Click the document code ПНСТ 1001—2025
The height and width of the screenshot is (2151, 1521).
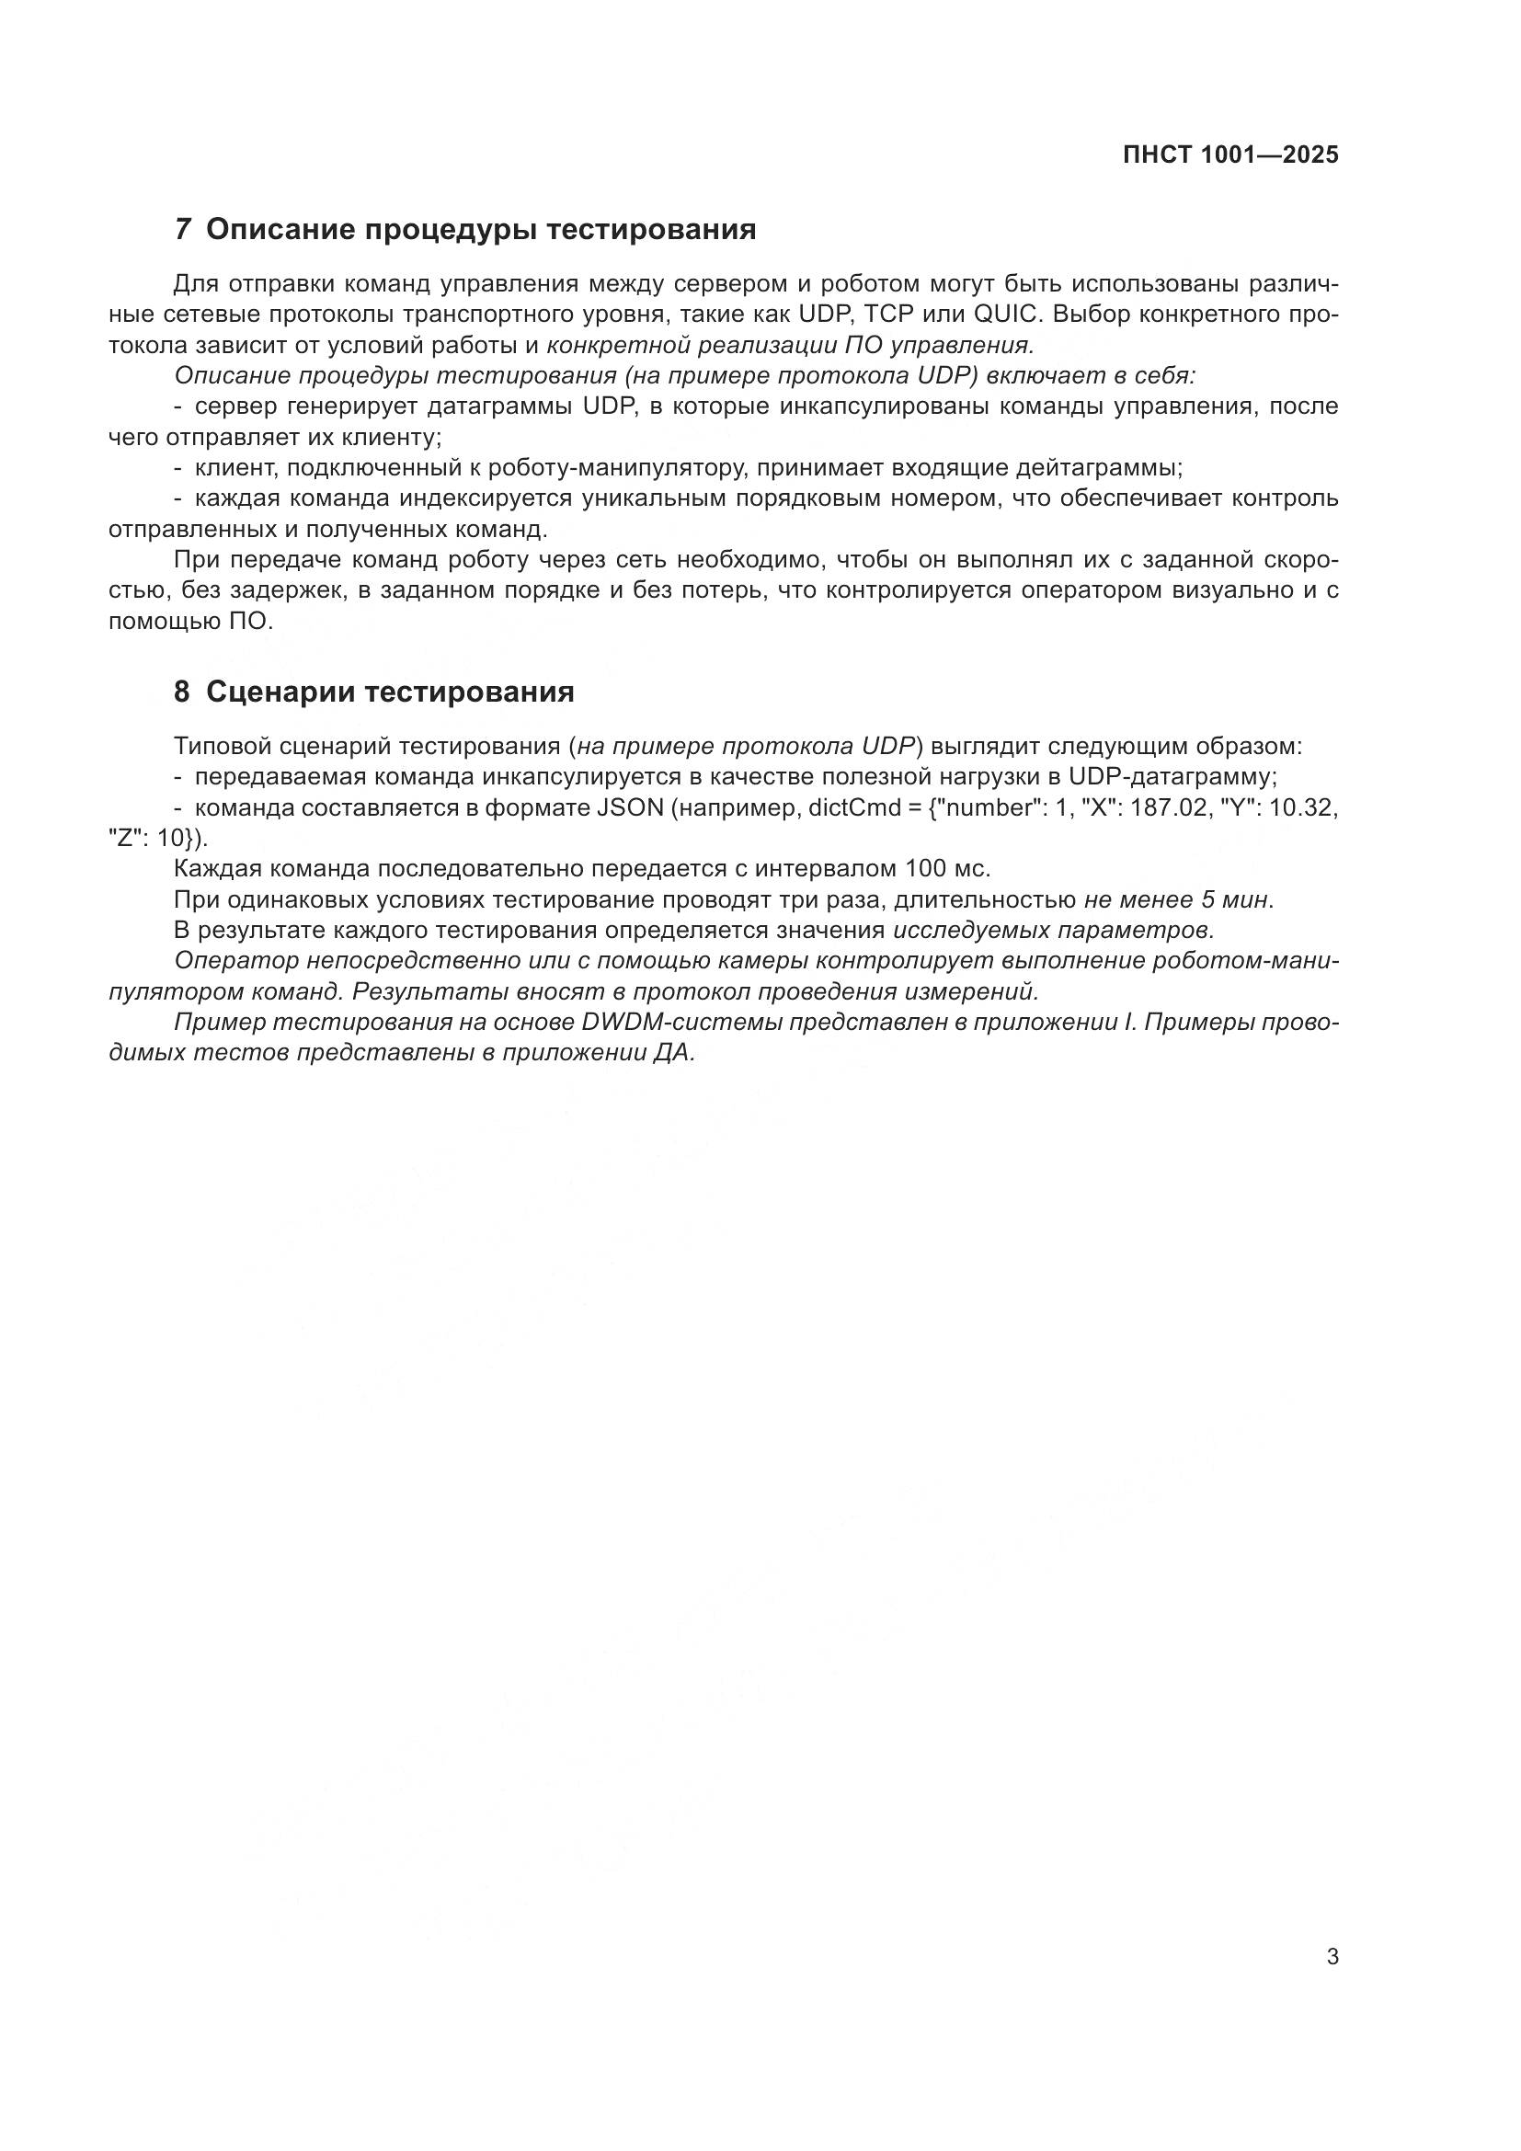(x=1230, y=155)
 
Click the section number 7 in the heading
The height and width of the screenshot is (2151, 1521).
(x=183, y=230)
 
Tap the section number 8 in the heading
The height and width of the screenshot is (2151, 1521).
(x=182, y=692)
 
